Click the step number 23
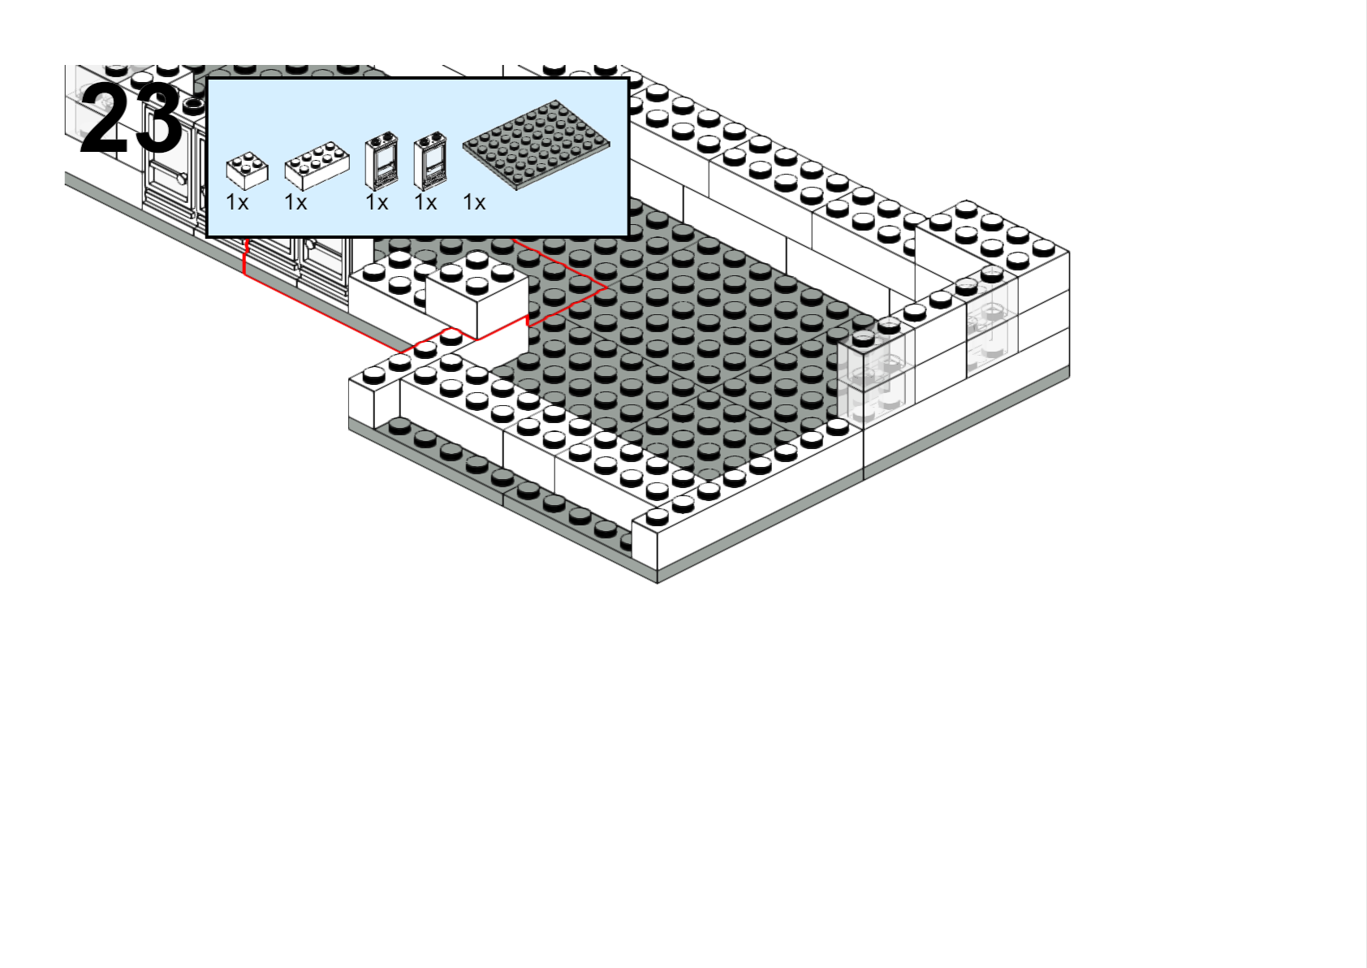coord(131,119)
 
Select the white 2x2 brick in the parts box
coord(247,171)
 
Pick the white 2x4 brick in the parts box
coord(317,166)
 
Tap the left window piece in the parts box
coord(382,162)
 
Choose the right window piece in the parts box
coord(430,162)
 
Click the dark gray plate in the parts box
coord(536,145)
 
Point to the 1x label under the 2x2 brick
coord(237,202)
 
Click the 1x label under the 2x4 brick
coord(295,202)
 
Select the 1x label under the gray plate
coord(474,202)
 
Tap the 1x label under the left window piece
coord(377,202)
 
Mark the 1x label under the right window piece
coord(425,202)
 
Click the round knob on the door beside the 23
coord(181,179)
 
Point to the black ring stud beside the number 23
coord(193,105)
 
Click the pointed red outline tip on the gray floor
coord(606,287)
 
